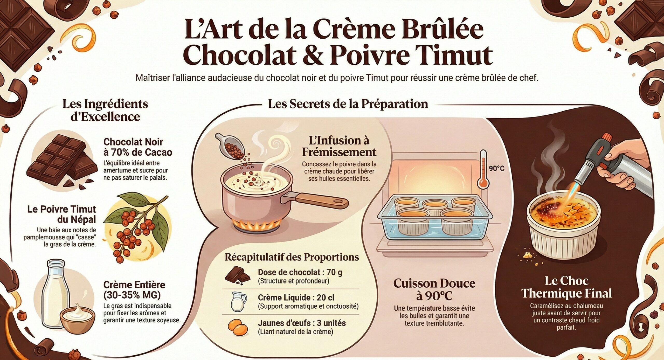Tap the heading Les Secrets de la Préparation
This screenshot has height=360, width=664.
348,104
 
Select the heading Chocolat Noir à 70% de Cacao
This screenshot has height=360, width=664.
137,147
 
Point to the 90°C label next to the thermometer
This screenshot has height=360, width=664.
497,169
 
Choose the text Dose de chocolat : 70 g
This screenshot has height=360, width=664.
300,272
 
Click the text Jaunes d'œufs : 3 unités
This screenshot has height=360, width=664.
302,323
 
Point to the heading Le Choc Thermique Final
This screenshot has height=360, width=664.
566,287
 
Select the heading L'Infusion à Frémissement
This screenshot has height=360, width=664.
339,146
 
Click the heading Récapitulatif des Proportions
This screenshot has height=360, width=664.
292,257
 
